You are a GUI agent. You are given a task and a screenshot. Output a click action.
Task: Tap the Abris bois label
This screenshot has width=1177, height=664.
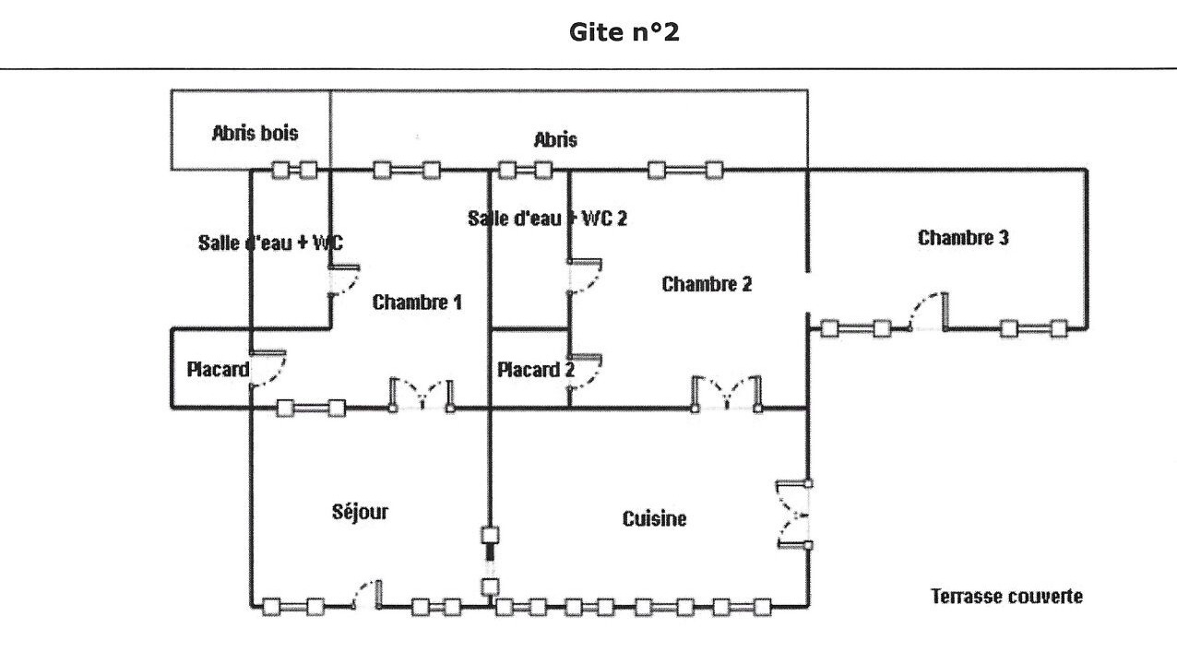(x=256, y=133)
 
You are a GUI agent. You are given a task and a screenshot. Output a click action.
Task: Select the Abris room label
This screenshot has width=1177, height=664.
(x=555, y=139)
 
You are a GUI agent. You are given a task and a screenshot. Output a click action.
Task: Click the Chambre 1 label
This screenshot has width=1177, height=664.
(x=417, y=302)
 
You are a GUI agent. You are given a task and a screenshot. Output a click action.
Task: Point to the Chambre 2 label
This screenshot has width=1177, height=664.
(x=707, y=284)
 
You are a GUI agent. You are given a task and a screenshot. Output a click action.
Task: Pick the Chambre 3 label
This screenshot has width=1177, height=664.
(x=963, y=238)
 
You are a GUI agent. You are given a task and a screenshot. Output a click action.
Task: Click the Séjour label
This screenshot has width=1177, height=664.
(x=360, y=512)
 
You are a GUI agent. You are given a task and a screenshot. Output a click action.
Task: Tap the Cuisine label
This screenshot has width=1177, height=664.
(x=654, y=519)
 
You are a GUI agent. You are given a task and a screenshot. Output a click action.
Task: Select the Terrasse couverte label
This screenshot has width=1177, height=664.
(x=1007, y=596)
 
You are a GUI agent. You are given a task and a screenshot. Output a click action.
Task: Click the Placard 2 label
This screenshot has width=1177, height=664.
(x=536, y=371)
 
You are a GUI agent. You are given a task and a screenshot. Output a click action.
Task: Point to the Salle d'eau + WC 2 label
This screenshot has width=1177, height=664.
(x=548, y=219)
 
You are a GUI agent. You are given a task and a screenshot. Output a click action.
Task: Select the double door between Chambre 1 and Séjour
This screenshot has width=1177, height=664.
(x=422, y=394)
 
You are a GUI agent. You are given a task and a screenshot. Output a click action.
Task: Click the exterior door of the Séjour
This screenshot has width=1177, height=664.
(x=367, y=595)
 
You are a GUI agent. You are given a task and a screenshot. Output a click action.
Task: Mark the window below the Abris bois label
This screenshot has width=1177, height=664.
(x=294, y=170)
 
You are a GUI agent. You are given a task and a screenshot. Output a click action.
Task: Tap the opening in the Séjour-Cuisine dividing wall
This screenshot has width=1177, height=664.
(x=490, y=559)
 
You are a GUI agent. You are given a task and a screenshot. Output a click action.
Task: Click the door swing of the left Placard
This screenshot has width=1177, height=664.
(x=268, y=370)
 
